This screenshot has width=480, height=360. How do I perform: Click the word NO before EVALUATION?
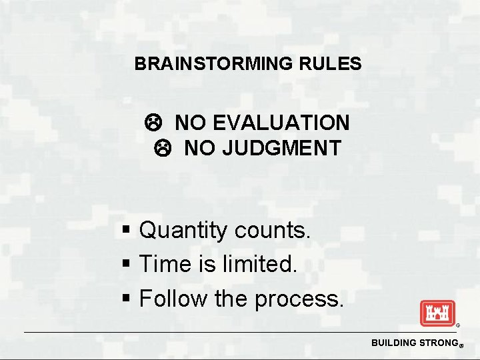(x=190, y=123)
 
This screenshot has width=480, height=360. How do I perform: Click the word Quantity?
(x=183, y=231)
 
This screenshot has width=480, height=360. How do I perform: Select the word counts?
(x=273, y=231)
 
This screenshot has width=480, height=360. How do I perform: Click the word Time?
(x=164, y=265)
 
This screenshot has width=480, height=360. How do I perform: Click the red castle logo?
(x=437, y=313)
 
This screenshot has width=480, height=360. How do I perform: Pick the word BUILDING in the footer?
(x=393, y=343)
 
